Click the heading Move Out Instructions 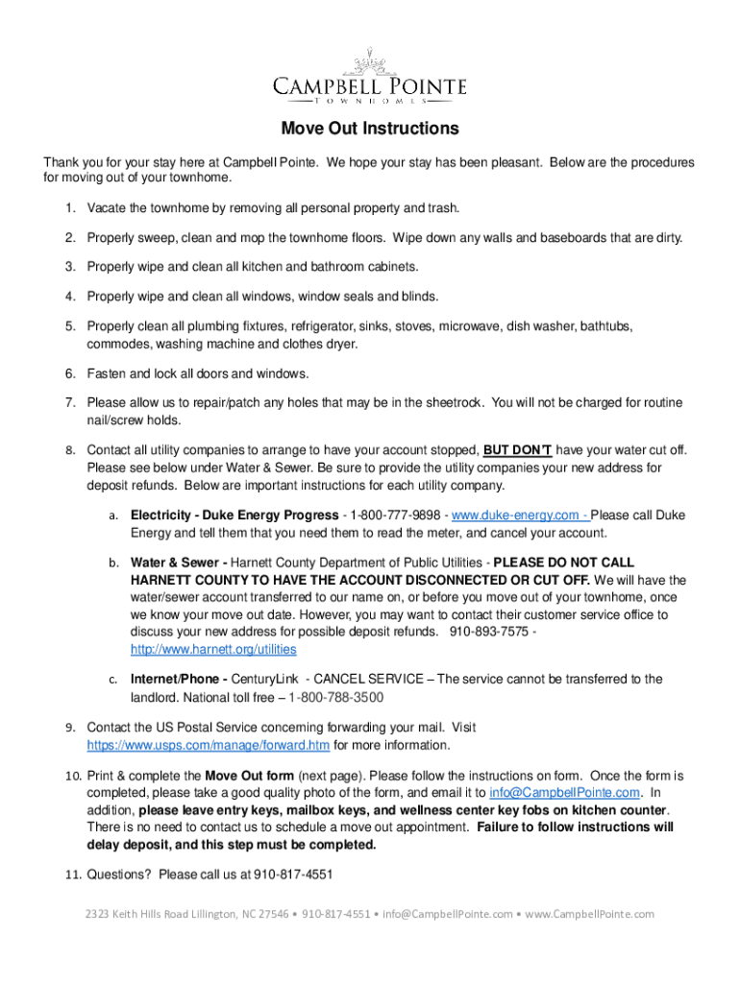[x=370, y=129]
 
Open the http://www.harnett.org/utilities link [x=213, y=649]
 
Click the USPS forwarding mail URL [x=209, y=745]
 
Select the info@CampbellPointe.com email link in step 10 [x=564, y=792]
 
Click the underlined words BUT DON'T [x=517, y=449]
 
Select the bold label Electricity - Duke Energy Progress [x=234, y=515]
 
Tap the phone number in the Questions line [x=292, y=875]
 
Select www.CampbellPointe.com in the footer [x=589, y=914]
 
